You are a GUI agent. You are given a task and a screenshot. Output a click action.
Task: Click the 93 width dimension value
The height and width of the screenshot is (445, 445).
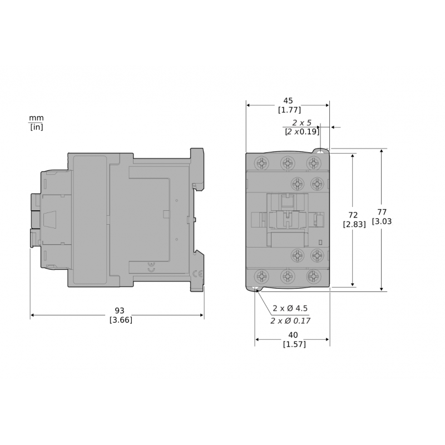119,310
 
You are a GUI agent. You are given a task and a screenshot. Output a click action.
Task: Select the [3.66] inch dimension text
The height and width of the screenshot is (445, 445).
121,320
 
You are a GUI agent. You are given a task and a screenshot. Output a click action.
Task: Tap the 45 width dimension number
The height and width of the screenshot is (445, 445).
288,101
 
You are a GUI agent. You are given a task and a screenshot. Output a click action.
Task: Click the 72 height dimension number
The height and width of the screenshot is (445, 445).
353,215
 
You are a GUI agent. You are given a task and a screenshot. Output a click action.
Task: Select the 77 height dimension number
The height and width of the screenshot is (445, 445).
382,211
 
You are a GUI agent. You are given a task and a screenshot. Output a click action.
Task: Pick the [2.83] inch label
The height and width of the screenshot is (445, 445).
354,224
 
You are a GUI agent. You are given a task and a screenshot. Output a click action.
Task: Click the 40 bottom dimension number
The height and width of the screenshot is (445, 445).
293,335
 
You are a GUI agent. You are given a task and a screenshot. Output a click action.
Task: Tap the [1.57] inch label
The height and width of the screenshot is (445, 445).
294,344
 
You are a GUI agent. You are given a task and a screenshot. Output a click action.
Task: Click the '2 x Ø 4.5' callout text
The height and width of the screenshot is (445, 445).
290,309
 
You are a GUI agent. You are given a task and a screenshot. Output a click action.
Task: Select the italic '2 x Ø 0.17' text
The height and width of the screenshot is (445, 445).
290,321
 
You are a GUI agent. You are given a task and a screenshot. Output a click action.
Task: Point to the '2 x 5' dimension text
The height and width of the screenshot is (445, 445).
302,122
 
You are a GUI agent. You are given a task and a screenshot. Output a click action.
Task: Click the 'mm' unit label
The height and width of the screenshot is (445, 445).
36,118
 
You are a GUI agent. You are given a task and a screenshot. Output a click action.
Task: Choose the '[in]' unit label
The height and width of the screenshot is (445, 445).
36,127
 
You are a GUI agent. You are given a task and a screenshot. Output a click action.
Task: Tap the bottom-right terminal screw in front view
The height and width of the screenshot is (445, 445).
314,276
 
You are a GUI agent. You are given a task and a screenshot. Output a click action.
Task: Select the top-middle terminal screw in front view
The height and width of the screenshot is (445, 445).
287,163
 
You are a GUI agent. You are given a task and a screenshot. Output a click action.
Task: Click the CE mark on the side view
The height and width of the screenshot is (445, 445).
197,274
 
